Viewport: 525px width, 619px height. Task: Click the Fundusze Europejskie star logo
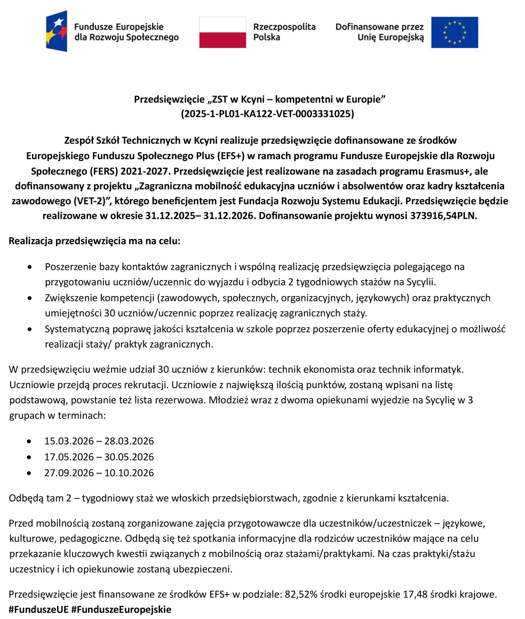coord(57,31)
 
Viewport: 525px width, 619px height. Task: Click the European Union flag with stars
coord(454,32)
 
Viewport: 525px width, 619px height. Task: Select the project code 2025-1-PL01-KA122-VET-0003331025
coord(267,114)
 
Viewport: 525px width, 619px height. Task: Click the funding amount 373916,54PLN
coord(443,216)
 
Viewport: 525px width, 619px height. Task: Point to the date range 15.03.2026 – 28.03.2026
coord(99,441)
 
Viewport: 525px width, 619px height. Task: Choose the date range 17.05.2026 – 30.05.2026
coord(99,457)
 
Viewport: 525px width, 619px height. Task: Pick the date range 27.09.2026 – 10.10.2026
coord(99,473)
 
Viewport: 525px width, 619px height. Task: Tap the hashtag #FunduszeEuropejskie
coord(121,610)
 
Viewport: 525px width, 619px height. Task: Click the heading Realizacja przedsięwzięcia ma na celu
coord(95,241)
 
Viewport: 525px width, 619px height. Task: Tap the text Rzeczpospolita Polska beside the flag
coord(284,32)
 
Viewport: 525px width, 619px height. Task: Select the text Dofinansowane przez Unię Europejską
coord(379,32)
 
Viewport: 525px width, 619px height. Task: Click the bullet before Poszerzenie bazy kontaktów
coord(30,267)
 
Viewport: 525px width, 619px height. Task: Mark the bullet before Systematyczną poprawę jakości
coord(30,329)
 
